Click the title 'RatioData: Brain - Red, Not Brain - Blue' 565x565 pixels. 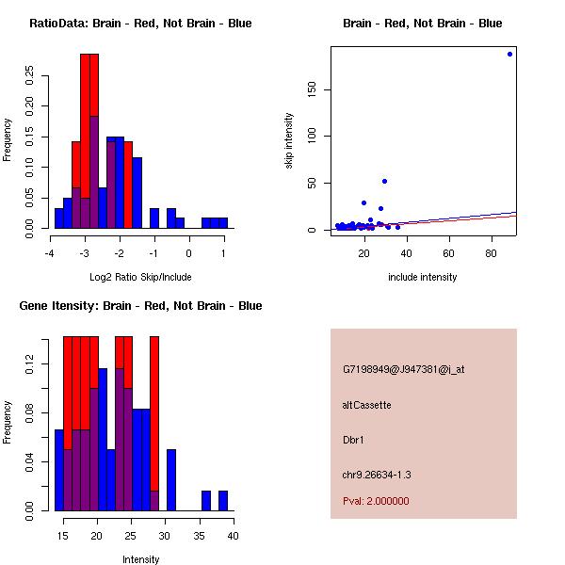pos(140,24)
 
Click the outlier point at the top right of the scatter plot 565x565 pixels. pos(509,54)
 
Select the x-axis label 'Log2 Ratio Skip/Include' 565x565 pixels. pos(139,277)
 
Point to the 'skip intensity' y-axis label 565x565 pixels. pos(290,141)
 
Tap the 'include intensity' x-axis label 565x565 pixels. pos(422,277)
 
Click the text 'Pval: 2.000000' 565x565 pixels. pos(376,501)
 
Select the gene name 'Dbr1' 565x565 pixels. pos(354,439)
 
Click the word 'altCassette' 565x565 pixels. pos(366,405)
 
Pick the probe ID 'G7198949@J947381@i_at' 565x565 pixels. pos(403,369)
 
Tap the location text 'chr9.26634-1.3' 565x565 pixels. pos(376,474)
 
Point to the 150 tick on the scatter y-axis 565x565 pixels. pos(310,89)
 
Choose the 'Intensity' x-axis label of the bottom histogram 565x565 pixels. pos(141,559)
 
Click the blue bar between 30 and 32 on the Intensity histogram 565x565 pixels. pos(171,480)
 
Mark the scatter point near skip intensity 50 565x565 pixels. pos(384,181)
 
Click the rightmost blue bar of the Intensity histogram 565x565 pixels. pos(223,501)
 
